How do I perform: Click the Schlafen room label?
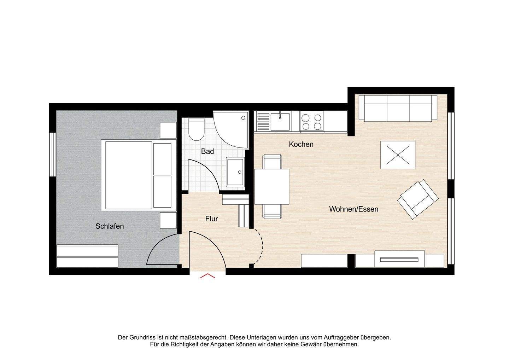pyautogui.click(x=110, y=226)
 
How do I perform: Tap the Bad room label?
pyautogui.click(x=207, y=151)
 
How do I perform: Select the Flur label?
pyautogui.click(x=211, y=219)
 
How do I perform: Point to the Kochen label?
pyautogui.click(x=301, y=144)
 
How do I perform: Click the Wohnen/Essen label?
pyautogui.click(x=353, y=209)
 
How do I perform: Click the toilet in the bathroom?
pyautogui.click(x=196, y=129)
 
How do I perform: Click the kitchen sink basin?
pyautogui.click(x=280, y=121)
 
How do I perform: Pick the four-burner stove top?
pyautogui.click(x=312, y=121)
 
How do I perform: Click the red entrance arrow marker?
pyautogui.click(x=207, y=276)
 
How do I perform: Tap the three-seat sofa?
pyautogui.click(x=398, y=108)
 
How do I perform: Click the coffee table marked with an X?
pyautogui.click(x=398, y=155)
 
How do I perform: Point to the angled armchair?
pyautogui.click(x=418, y=199)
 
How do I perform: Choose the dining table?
pyautogui.click(x=272, y=186)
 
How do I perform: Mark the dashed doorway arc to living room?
pyautogui.click(x=261, y=246)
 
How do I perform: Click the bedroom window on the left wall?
pyautogui.click(x=52, y=154)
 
